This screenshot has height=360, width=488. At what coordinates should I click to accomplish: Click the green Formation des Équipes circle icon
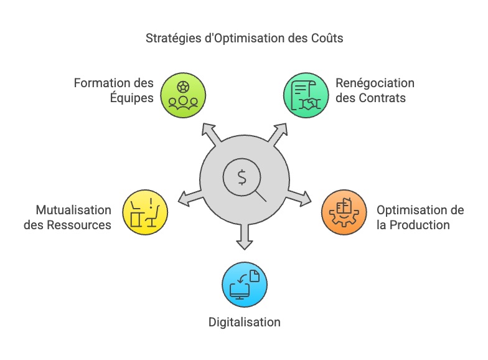click(x=183, y=95)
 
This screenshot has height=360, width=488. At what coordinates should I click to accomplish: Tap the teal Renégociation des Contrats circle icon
click(x=306, y=95)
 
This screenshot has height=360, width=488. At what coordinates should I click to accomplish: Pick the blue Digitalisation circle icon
click(x=245, y=285)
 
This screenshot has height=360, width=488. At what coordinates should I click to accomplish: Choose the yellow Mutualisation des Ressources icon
click(x=145, y=212)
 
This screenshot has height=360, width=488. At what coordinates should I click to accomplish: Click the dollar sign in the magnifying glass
click(x=242, y=177)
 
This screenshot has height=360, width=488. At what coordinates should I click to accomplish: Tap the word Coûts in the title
click(x=326, y=39)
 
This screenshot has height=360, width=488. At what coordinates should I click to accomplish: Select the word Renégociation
click(x=375, y=83)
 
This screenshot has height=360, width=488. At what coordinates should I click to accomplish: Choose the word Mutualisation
click(x=73, y=210)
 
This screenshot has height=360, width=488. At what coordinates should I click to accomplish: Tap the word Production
click(x=419, y=225)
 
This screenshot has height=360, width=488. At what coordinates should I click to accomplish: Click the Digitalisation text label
click(x=244, y=322)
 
